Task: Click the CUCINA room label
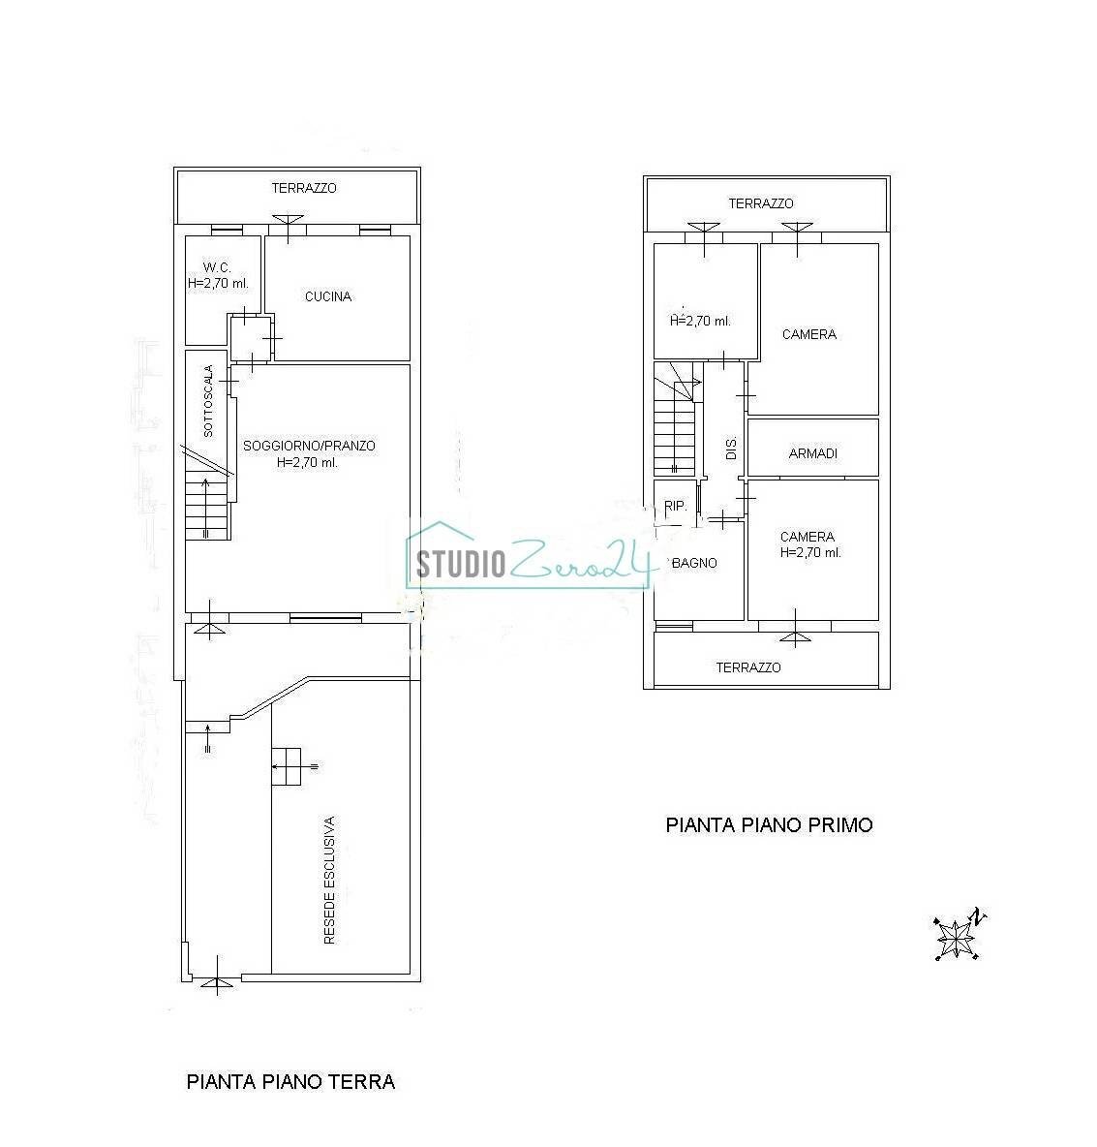328,296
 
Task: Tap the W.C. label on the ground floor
215,267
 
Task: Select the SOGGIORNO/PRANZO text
309,446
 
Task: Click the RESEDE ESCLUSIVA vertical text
329,880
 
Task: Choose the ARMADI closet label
813,453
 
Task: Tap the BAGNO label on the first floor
695,562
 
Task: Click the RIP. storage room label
675,506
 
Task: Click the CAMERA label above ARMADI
808,334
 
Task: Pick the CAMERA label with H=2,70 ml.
808,537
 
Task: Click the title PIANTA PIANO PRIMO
769,825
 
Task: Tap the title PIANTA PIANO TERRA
290,1082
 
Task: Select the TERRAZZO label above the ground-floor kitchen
304,188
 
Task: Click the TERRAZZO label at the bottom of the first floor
748,667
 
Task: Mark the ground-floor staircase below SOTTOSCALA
207,509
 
